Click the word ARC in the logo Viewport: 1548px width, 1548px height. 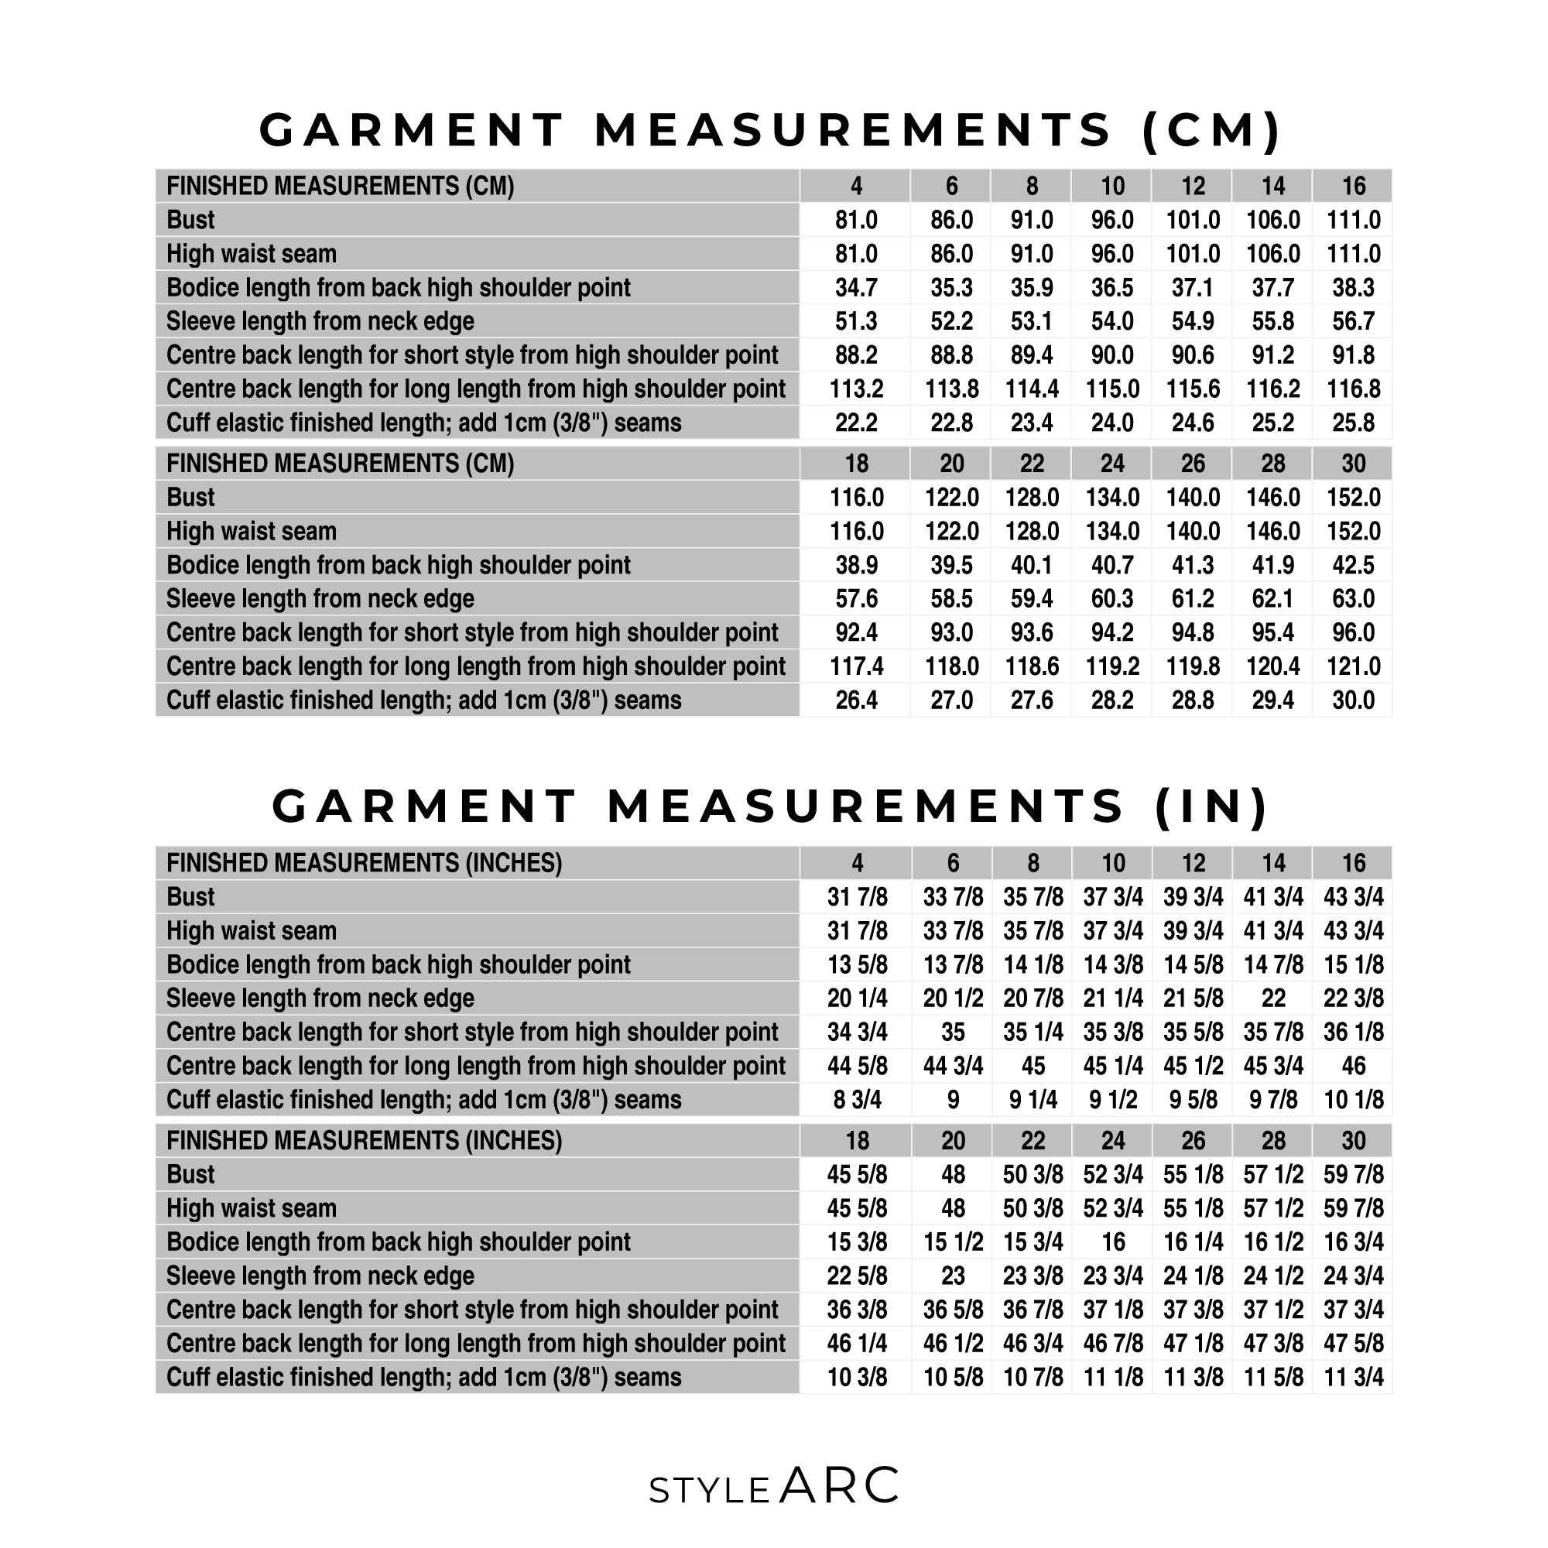click(x=839, y=1486)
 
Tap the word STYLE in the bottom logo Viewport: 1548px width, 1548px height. click(x=709, y=1491)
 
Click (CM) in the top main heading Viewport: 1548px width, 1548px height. click(x=1211, y=130)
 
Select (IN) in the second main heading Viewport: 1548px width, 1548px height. click(x=1211, y=806)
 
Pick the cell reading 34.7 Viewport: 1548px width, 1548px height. click(x=856, y=288)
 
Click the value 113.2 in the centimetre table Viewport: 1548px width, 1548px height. click(x=856, y=389)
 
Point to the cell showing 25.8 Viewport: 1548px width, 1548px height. click(x=1352, y=423)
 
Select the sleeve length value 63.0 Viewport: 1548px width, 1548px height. click(x=1352, y=599)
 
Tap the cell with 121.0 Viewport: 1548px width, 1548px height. click(x=1352, y=666)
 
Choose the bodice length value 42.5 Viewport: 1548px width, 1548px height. click(x=1352, y=566)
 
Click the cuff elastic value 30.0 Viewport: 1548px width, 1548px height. click(x=1352, y=700)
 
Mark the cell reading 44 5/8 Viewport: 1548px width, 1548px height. click(x=857, y=1067)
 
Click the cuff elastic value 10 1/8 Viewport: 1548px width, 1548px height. click(x=1352, y=1100)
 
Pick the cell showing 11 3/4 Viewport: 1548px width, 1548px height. click(x=1352, y=1378)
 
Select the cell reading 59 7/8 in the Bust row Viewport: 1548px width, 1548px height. click(x=1352, y=1175)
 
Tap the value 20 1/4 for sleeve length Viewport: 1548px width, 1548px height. click(x=857, y=998)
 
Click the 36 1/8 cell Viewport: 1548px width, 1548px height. click(x=1352, y=1032)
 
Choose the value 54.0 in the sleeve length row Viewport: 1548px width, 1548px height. click(x=1111, y=321)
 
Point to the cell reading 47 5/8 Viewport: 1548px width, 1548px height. click(x=1352, y=1344)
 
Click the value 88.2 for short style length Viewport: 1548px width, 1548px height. click(x=856, y=355)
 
